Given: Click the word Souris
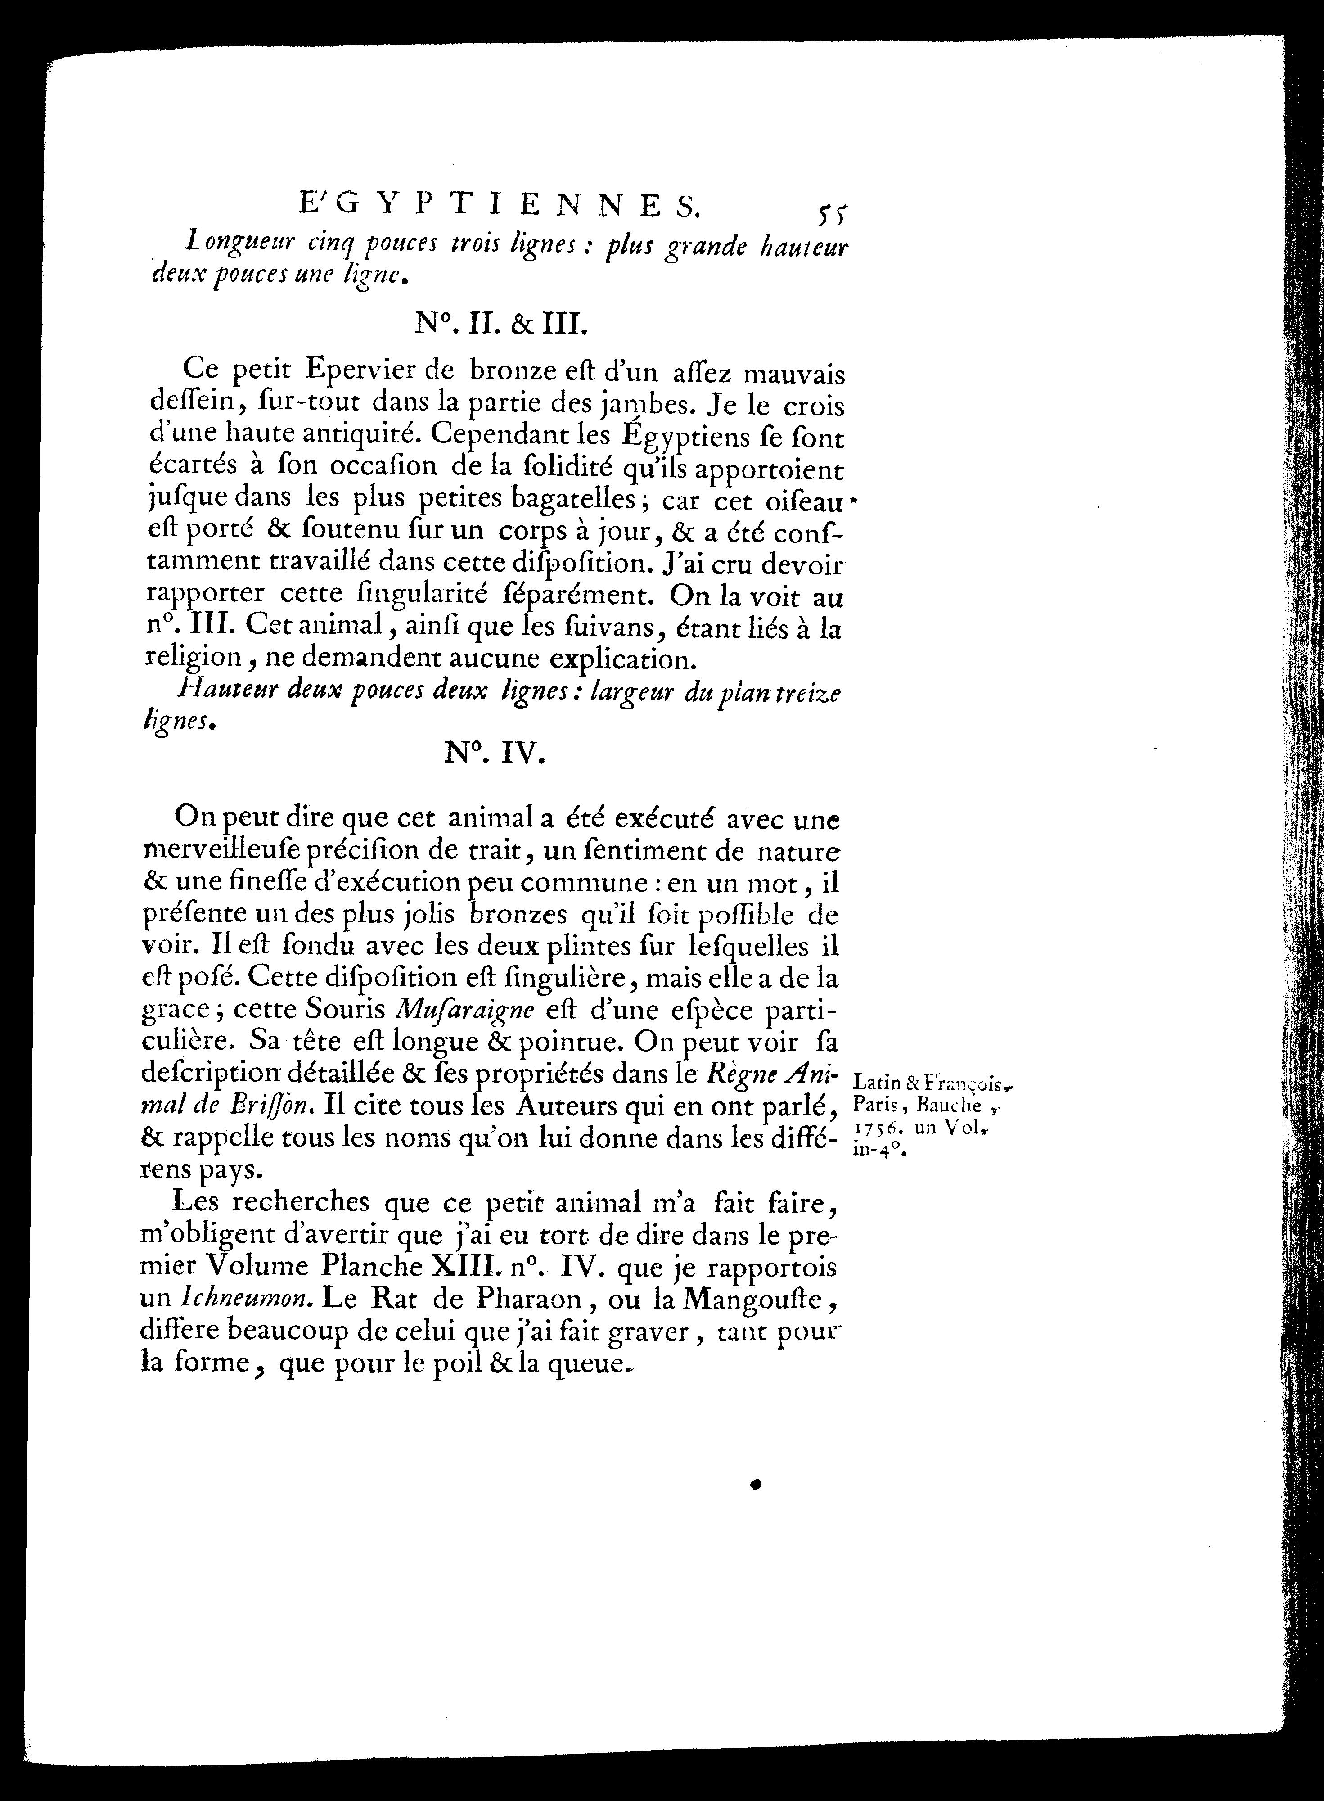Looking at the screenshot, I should click(349, 1010).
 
